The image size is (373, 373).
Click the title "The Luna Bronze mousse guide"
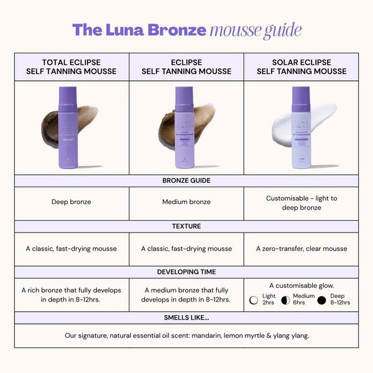(186, 29)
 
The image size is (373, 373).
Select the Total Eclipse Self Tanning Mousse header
(71, 67)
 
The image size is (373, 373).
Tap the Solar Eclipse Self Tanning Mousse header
(301, 67)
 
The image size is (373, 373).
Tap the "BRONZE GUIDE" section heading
(186, 180)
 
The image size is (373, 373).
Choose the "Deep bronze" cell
(71, 202)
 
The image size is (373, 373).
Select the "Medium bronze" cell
(186, 202)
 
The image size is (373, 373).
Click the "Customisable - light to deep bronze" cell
(301, 203)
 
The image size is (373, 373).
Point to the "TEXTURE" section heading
(186, 226)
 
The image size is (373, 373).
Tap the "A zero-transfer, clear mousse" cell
(301, 249)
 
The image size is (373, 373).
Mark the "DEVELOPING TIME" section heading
(186, 272)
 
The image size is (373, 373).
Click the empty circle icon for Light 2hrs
(254, 300)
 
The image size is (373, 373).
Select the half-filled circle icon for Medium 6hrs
(285, 300)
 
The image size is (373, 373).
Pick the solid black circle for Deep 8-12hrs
(321, 300)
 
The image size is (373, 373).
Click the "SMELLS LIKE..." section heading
(186, 317)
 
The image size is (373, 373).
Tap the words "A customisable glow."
(301, 285)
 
